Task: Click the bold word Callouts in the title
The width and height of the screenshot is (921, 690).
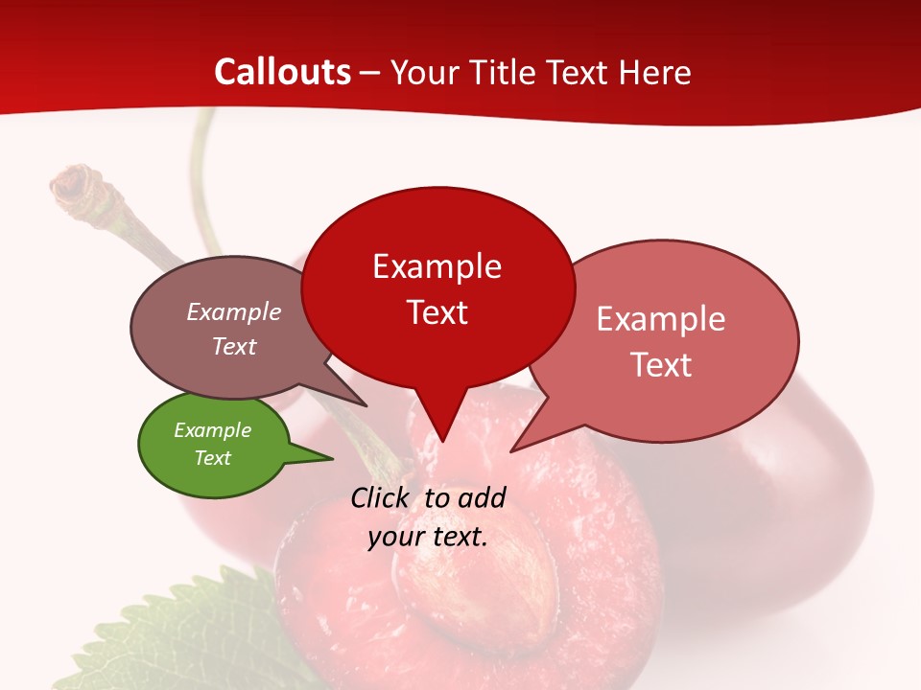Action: pos(282,72)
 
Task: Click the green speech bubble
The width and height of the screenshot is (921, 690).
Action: pos(213,445)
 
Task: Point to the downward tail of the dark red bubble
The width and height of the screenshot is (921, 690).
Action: pos(442,426)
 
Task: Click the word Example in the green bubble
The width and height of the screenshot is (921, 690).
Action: pos(212,430)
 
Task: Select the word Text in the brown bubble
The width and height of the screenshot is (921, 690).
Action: pos(234,346)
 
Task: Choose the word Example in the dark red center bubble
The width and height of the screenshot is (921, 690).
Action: pos(437,266)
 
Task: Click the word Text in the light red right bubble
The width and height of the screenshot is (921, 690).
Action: pos(662,364)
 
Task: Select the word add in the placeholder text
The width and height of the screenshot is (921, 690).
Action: pos(481,497)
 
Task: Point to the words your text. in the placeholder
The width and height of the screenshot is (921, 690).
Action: pos(428,536)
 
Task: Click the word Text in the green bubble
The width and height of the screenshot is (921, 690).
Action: pos(213,458)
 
